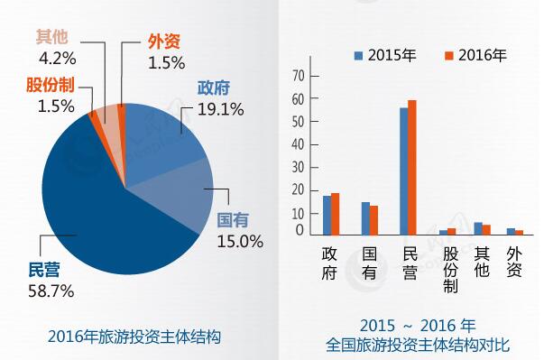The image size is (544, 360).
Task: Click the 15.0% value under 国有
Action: click(x=239, y=241)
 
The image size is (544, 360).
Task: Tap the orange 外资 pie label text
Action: click(x=165, y=42)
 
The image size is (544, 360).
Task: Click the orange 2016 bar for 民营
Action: click(x=412, y=168)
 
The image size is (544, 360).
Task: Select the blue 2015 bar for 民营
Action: click(x=404, y=171)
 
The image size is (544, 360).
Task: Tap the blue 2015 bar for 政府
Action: click(x=327, y=216)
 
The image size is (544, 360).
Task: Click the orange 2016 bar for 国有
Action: click(x=373, y=220)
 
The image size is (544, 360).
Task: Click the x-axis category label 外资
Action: click(x=515, y=262)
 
